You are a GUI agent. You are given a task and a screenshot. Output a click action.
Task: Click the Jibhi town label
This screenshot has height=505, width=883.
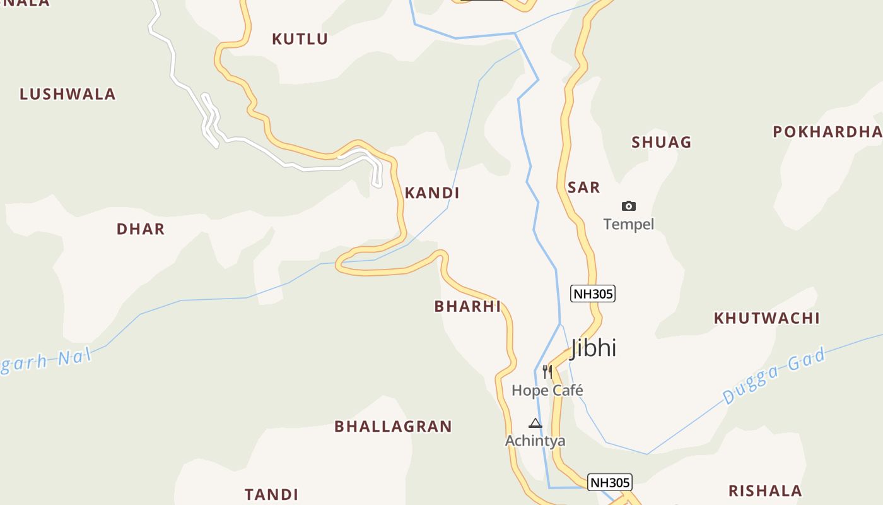[593, 348]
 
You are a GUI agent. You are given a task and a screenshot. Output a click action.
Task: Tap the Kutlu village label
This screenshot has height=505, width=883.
[300, 39]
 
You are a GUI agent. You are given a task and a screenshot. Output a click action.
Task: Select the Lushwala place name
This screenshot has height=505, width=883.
[67, 95]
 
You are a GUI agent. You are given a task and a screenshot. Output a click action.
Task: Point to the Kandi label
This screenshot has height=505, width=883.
[431, 193]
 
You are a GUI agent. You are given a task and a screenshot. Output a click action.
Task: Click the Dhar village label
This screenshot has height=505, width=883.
[140, 229]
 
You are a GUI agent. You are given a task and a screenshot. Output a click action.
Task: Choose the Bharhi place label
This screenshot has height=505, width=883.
[467, 307]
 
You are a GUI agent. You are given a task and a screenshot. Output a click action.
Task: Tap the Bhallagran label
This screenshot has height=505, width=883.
[393, 427]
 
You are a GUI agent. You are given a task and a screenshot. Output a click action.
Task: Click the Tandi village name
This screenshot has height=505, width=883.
[271, 494]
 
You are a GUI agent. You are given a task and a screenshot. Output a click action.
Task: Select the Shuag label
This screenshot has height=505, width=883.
[662, 143]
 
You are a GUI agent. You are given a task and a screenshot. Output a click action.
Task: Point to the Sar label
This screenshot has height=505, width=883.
[583, 187]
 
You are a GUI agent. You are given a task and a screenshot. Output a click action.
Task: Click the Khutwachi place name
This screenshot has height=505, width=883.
[766, 318]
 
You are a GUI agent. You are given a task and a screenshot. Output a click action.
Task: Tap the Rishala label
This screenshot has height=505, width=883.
[765, 491]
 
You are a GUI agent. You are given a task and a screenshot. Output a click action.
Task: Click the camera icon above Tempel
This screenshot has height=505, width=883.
[628, 206]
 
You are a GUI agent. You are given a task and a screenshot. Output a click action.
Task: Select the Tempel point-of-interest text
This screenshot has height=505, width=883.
[628, 224]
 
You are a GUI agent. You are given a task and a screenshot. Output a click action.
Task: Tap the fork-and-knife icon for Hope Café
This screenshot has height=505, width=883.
[547, 371]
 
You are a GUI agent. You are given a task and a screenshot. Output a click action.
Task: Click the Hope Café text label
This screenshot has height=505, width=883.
[547, 391]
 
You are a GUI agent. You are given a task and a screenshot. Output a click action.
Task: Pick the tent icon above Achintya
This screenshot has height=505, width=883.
[535, 423]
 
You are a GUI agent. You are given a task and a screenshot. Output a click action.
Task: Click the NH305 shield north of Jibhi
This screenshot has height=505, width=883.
[592, 294]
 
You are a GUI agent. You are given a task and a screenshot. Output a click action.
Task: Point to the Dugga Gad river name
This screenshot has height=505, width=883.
[774, 376]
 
